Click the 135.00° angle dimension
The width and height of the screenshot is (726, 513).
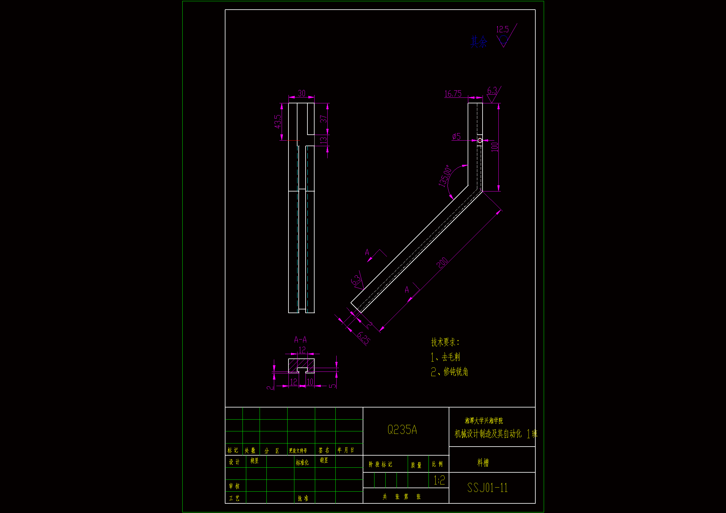[444, 176]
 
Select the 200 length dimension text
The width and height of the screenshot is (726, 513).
[442, 263]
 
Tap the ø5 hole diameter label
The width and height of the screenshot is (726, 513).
[456, 137]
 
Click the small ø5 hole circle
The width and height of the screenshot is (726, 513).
[480, 140]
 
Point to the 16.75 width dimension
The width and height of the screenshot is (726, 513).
[453, 93]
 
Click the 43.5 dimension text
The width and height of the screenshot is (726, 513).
[278, 121]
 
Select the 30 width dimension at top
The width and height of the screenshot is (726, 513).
[301, 93]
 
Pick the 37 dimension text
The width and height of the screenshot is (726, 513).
[323, 119]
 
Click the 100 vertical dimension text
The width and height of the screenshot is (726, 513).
[494, 147]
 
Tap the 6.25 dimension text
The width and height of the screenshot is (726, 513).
[364, 338]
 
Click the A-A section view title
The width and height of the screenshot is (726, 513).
[300, 340]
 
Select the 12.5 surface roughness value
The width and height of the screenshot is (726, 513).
[502, 29]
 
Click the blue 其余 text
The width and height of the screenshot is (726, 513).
[479, 42]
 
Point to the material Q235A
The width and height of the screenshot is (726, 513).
[402, 430]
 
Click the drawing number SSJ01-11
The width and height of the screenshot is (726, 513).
[487, 488]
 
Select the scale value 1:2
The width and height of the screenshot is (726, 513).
[439, 480]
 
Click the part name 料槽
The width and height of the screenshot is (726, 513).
[483, 463]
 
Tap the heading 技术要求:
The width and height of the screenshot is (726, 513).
[445, 342]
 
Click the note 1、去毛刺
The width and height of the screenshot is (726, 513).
[445, 357]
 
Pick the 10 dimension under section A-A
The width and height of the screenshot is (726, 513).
[310, 382]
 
